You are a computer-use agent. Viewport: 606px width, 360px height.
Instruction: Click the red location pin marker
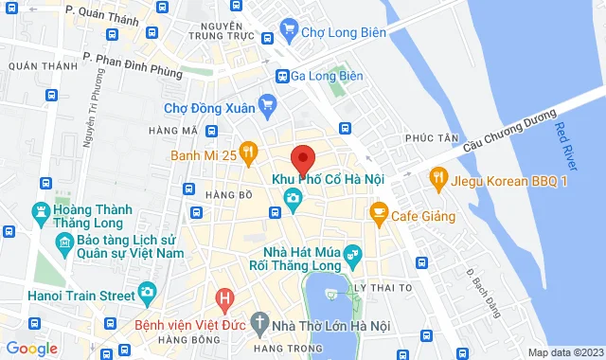(302, 158)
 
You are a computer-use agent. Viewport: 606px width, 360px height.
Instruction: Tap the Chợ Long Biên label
(343, 31)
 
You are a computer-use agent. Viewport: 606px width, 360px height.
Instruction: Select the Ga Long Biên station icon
(282, 76)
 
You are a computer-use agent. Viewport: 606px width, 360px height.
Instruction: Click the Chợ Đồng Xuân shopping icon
(268, 107)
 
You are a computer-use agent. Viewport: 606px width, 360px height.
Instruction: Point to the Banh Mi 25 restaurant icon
(248, 150)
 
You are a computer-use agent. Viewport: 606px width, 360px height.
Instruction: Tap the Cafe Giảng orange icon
(379, 210)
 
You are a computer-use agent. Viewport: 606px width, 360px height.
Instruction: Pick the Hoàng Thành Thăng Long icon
(41, 210)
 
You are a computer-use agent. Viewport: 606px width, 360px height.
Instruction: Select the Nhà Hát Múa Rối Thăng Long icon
(351, 254)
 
